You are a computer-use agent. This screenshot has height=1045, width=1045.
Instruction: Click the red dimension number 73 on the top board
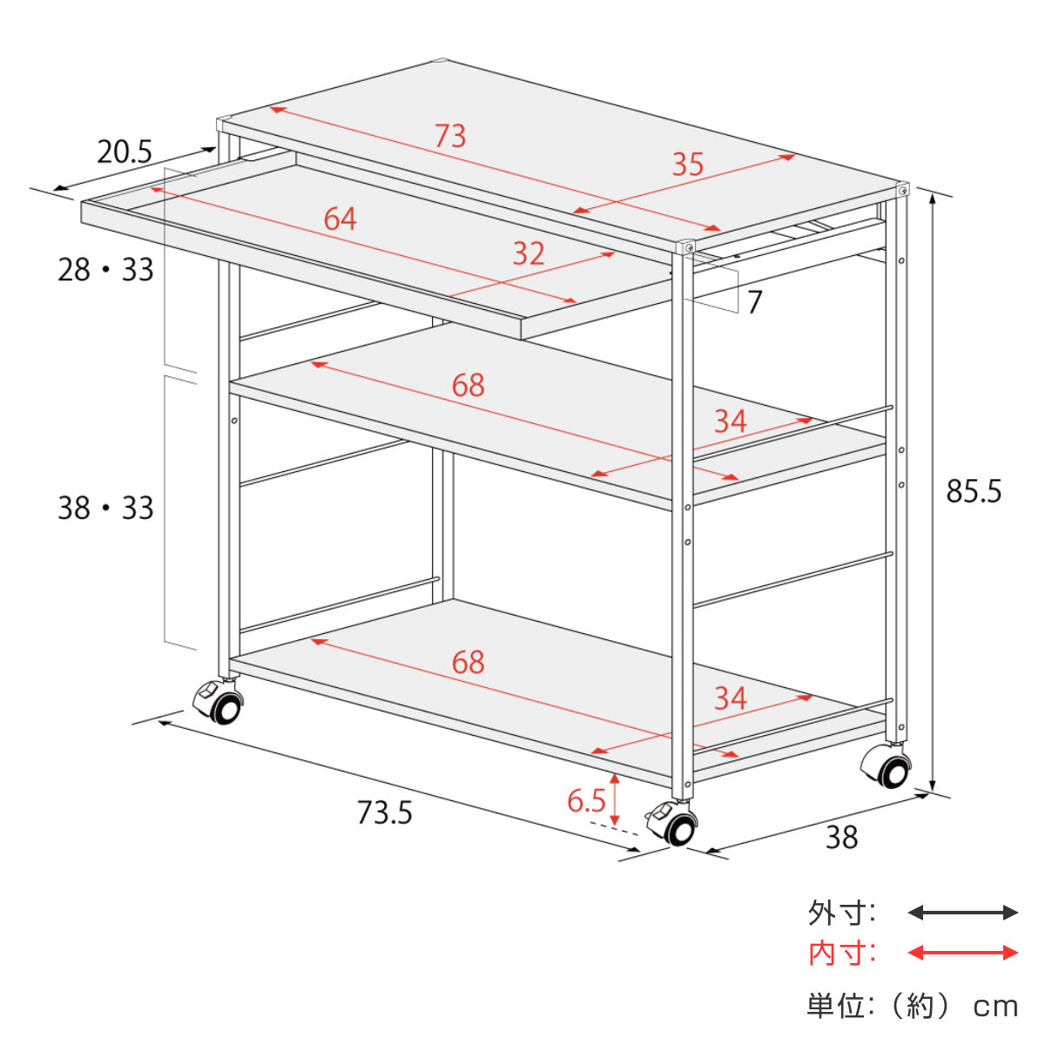tap(450, 136)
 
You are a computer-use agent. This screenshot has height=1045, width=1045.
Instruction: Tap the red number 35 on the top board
tap(688, 165)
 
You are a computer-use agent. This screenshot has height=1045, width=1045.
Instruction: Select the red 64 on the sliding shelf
tap(340, 219)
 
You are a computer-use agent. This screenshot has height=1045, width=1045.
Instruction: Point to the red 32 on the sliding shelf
tap(529, 253)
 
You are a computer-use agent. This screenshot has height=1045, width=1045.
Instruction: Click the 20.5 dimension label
tap(125, 152)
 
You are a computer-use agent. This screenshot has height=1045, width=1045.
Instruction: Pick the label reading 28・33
tap(106, 269)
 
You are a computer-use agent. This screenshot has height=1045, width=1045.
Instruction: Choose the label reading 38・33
tap(106, 508)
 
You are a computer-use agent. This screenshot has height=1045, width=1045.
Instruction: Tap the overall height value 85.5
tap(974, 491)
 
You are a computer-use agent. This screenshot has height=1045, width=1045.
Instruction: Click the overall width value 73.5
tap(385, 812)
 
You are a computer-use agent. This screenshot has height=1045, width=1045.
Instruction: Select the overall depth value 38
tap(841, 837)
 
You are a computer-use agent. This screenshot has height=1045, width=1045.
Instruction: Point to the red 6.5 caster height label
tap(586, 800)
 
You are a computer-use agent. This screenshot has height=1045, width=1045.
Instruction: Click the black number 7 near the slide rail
tap(755, 302)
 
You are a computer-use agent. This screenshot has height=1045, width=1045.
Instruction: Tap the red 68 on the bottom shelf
tap(468, 662)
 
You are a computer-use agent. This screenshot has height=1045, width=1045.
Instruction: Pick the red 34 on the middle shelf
tap(731, 421)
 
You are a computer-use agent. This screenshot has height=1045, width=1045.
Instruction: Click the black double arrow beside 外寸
tap(962, 913)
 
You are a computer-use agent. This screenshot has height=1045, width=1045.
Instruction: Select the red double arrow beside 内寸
tap(962, 953)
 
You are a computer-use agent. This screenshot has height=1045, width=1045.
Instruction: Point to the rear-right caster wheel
tap(887, 768)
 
